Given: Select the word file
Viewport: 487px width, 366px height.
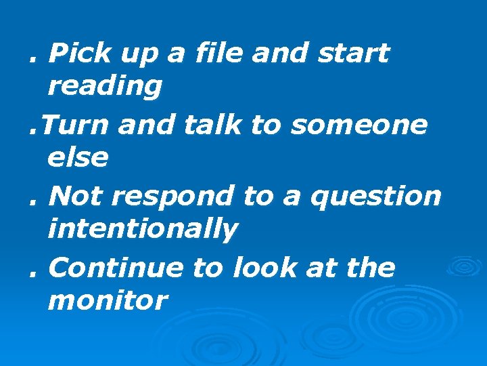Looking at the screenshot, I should tap(216, 53).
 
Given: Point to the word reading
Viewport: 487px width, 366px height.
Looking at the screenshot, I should tap(105, 87).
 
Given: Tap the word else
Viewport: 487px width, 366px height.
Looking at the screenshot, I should tap(78, 158).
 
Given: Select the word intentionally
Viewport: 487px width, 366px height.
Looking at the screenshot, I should tap(143, 230).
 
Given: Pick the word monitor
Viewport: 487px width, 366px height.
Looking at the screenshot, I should tap(107, 301).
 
